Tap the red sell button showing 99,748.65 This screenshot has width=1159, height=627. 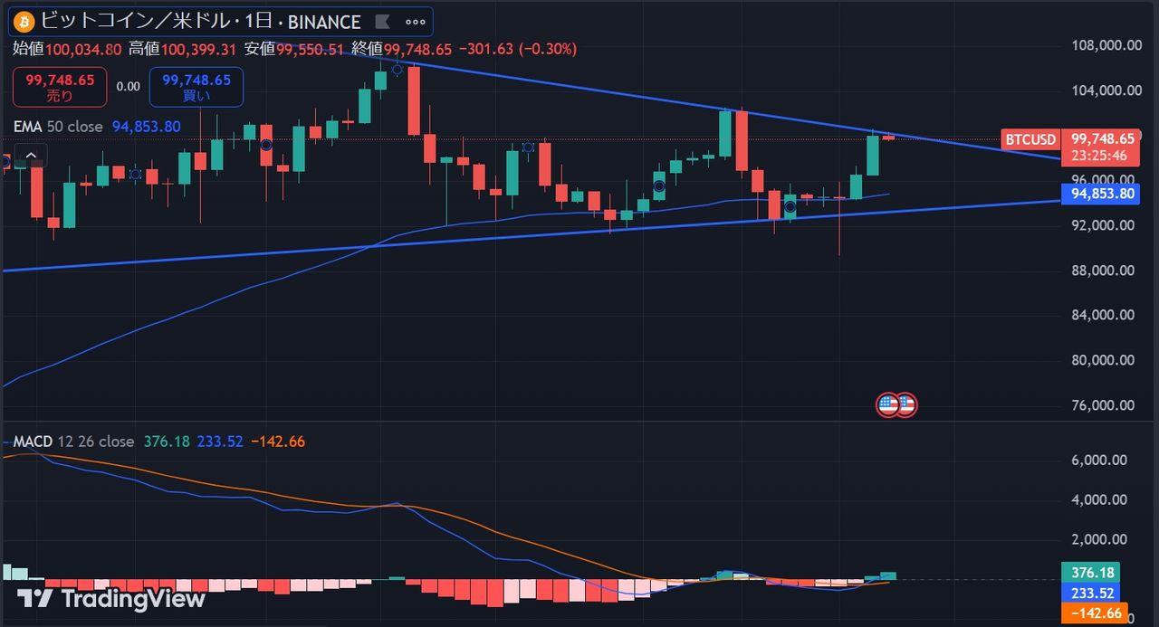click(x=60, y=86)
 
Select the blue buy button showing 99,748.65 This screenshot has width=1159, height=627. click(x=196, y=86)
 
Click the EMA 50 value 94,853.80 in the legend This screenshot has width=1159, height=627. click(x=146, y=127)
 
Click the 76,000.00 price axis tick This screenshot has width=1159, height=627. click(x=1100, y=405)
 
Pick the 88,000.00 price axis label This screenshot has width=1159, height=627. click(x=1100, y=271)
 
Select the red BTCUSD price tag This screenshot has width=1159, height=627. click(x=1030, y=139)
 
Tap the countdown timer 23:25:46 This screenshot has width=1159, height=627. click(x=1099, y=156)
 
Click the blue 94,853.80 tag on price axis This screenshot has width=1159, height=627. click(x=1099, y=193)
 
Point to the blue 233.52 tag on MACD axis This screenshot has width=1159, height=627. click(x=1091, y=593)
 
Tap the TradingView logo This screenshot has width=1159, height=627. click(x=110, y=598)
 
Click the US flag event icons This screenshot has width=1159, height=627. click(x=896, y=404)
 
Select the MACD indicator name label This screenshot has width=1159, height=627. click(x=33, y=442)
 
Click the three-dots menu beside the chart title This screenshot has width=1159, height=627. click(x=415, y=22)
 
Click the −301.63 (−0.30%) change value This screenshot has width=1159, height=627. click(x=517, y=49)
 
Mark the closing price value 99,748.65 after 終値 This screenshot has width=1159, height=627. click(x=417, y=49)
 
